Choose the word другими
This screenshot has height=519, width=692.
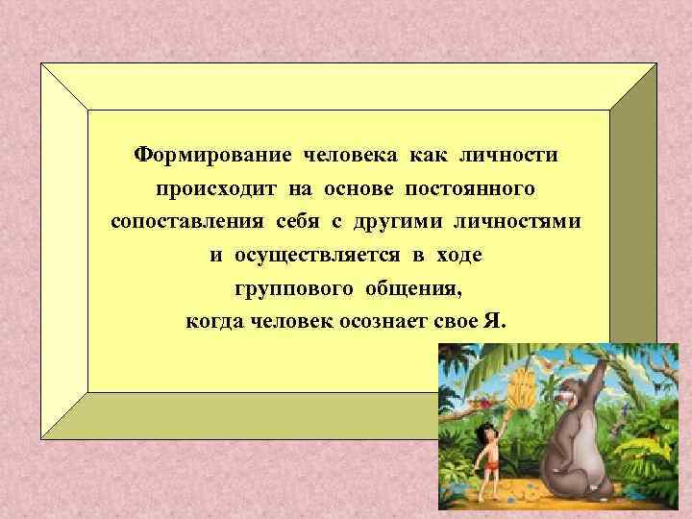394,222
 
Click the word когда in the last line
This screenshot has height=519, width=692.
216,322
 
